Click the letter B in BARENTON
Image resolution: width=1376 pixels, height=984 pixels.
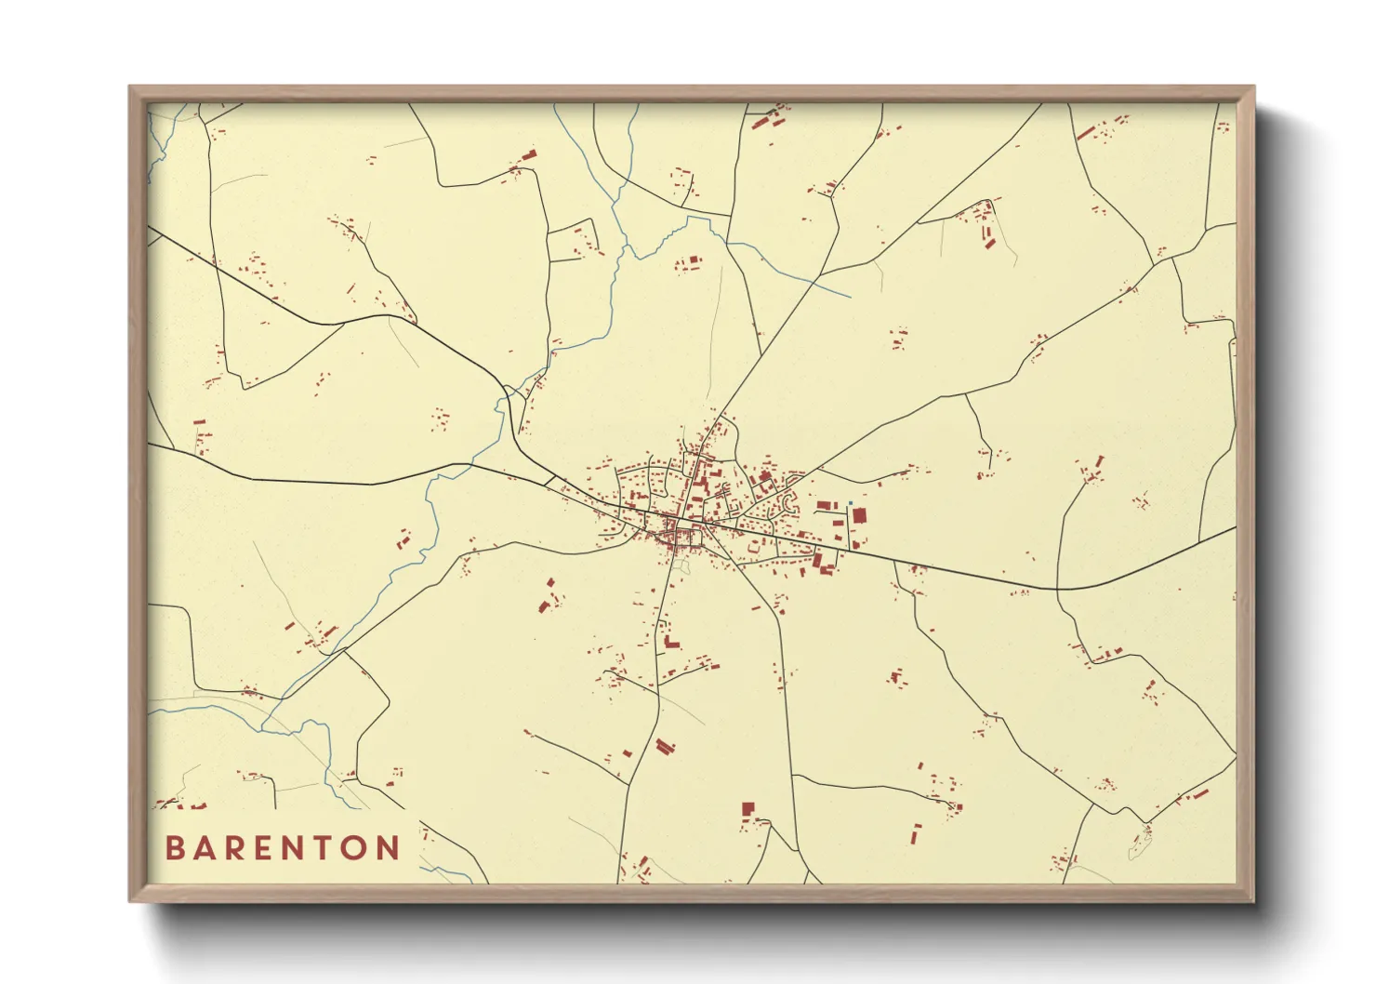(174, 848)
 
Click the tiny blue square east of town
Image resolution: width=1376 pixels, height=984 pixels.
(850, 504)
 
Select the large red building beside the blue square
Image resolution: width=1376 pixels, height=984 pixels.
(859, 515)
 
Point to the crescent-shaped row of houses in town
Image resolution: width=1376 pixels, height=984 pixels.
(791, 503)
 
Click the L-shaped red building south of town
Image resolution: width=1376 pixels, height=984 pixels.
(670, 642)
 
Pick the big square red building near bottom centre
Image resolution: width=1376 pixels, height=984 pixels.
(748, 809)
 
